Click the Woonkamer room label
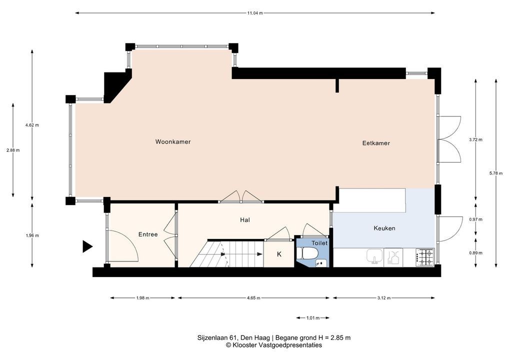[x=172, y=142]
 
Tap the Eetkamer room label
[x=376, y=143]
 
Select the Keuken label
[x=384, y=228]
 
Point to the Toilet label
[x=319, y=243]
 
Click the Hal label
[x=245, y=220]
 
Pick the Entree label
[x=148, y=234]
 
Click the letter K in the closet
[x=279, y=254]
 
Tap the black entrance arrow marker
[x=87, y=246]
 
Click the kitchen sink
[x=375, y=256]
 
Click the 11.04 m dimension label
[x=254, y=13]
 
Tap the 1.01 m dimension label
[x=313, y=318]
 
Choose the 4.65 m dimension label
[x=253, y=298]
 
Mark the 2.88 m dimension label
[x=13, y=150]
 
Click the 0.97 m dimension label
[x=475, y=219]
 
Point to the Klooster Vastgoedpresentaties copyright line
[x=274, y=345]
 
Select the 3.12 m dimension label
[x=383, y=298]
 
